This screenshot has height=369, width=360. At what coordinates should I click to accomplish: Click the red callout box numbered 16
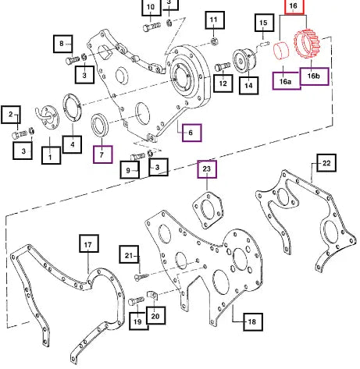[x=294, y=6]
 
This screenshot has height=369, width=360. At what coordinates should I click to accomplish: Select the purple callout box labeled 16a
[x=286, y=81]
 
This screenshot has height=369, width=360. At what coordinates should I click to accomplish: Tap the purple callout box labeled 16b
[x=314, y=76]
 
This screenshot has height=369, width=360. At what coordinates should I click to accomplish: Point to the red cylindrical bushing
[x=282, y=50]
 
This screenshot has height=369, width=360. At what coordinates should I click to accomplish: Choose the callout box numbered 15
[x=264, y=23]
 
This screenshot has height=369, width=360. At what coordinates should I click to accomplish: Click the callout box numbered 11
[x=215, y=20]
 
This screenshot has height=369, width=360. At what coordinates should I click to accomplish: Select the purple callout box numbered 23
[x=207, y=169]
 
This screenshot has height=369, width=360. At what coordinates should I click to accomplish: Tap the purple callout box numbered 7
[x=103, y=154]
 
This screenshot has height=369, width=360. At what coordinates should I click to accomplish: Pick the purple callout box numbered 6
[x=192, y=133]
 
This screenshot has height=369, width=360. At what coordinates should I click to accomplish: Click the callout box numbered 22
[x=326, y=163]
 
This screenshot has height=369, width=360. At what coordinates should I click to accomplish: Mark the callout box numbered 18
[x=253, y=322]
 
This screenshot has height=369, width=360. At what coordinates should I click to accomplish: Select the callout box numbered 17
[x=89, y=243]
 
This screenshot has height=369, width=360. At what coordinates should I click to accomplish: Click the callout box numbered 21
[x=129, y=254]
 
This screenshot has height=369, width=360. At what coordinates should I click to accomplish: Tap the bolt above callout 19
[x=136, y=301]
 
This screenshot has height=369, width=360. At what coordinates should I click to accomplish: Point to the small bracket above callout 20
[x=153, y=295]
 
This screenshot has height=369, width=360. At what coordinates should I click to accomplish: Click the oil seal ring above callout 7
[x=99, y=125]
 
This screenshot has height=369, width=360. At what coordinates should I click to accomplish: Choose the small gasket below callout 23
[x=208, y=210]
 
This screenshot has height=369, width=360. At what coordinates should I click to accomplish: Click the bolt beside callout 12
[x=223, y=66]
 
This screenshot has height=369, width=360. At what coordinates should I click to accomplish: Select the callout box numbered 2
[x=11, y=115]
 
